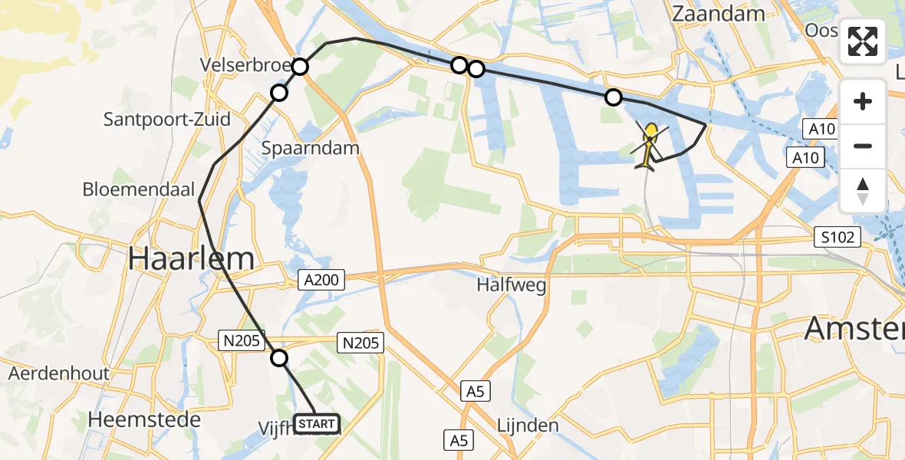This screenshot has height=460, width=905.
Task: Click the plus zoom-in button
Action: click(863, 101)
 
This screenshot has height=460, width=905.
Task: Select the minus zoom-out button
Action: click(863, 146)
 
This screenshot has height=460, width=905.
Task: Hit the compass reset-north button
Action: click(863, 191)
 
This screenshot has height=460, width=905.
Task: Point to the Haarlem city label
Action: click(191, 258)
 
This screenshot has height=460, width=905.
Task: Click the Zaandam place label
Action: click(718, 14)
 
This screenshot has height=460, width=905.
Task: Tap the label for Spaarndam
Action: click(311, 148)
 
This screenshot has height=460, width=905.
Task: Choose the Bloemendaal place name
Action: click(140, 189)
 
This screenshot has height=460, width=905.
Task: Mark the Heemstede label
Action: click(144, 419)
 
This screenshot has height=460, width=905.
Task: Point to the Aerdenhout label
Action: click(58, 374)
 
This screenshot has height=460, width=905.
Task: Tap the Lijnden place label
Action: click(528, 425)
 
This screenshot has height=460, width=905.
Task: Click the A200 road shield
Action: click(321, 281)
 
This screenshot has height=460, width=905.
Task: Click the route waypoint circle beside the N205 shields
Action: click(280, 358)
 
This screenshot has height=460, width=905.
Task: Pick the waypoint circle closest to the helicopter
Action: click(614, 97)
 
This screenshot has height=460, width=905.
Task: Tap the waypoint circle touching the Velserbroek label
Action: click(300, 67)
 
